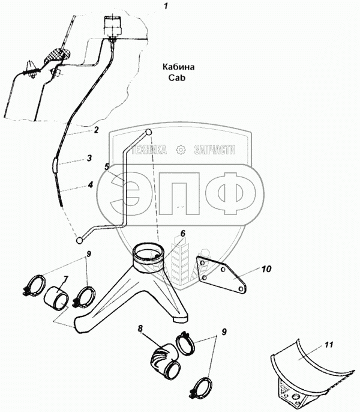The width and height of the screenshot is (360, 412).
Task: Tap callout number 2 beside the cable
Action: (95, 130)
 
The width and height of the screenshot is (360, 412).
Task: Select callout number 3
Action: (88, 159)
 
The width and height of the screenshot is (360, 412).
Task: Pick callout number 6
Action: (183, 234)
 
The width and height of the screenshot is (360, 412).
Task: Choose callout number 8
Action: (140, 329)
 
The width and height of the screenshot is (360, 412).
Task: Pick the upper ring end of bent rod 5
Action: (149, 132)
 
